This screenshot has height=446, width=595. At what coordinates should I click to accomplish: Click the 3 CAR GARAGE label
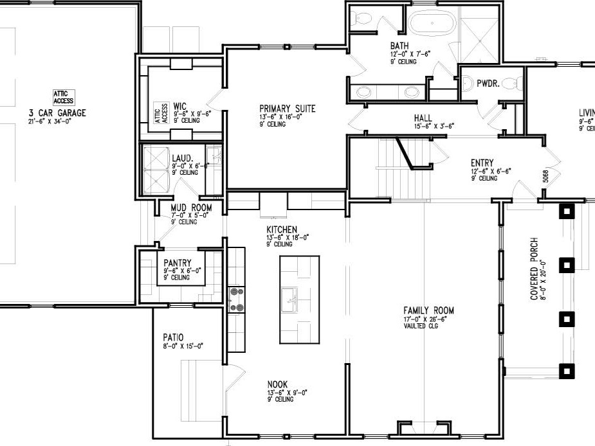tap(57, 113)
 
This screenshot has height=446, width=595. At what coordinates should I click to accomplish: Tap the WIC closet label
tap(179, 105)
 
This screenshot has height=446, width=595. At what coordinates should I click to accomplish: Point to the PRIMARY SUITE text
tap(287, 109)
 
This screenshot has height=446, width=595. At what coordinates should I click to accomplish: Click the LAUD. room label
tap(181, 158)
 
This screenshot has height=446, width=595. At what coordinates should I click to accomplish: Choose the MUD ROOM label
tap(190, 208)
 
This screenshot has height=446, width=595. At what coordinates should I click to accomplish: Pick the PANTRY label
tap(178, 263)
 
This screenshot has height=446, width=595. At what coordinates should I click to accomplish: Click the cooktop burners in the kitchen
tap(237, 299)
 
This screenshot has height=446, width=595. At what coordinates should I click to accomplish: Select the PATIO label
tap(173, 337)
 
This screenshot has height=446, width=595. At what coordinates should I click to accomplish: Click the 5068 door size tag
tap(545, 177)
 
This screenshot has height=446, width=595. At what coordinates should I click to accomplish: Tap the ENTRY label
tap(481, 163)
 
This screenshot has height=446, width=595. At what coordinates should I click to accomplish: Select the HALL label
tap(423, 118)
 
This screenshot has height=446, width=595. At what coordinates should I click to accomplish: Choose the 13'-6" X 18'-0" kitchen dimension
tap(288, 237)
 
